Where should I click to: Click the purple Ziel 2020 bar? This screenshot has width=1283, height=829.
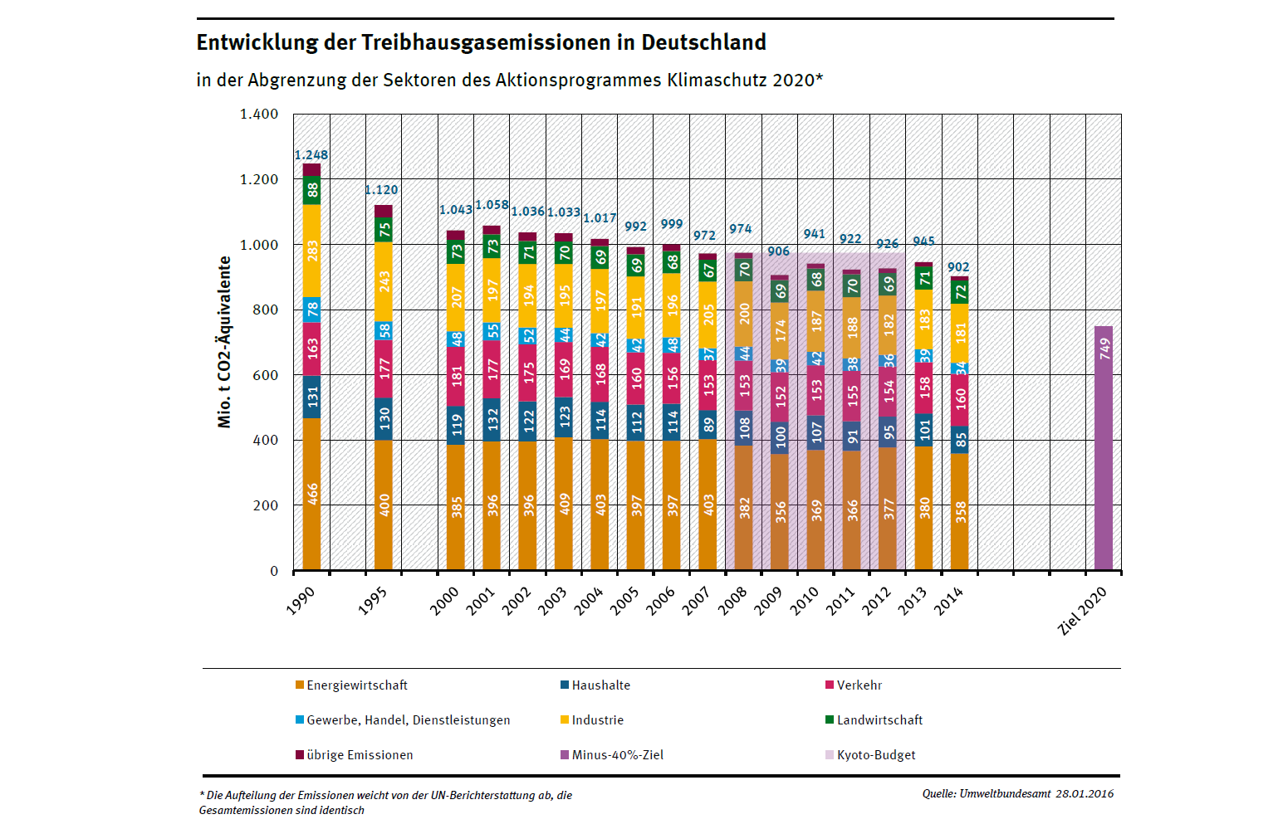tap(1104, 448)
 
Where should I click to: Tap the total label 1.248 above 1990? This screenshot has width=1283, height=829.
tap(311, 155)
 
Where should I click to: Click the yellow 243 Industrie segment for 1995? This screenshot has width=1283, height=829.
tap(384, 282)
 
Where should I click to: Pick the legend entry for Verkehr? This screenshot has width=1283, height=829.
tap(859, 685)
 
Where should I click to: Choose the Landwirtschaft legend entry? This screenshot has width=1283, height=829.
tap(879, 720)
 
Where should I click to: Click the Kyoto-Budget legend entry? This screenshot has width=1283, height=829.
tap(875, 755)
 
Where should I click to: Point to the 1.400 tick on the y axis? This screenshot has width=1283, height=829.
tap(259, 115)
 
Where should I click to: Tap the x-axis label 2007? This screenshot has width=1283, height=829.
tap(697, 600)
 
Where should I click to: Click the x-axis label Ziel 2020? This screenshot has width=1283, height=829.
tap(1082, 611)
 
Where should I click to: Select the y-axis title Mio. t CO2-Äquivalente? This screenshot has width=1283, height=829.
tap(224, 342)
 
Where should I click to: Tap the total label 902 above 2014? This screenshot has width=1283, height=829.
tap(958, 267)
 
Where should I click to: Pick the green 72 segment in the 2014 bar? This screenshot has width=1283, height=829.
tap(960, 292)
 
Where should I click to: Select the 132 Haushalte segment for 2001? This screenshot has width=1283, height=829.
tap(492, 419)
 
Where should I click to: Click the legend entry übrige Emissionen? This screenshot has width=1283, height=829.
tap(359, 755)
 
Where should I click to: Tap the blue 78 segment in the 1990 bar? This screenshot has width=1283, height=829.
tap(311, 310)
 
